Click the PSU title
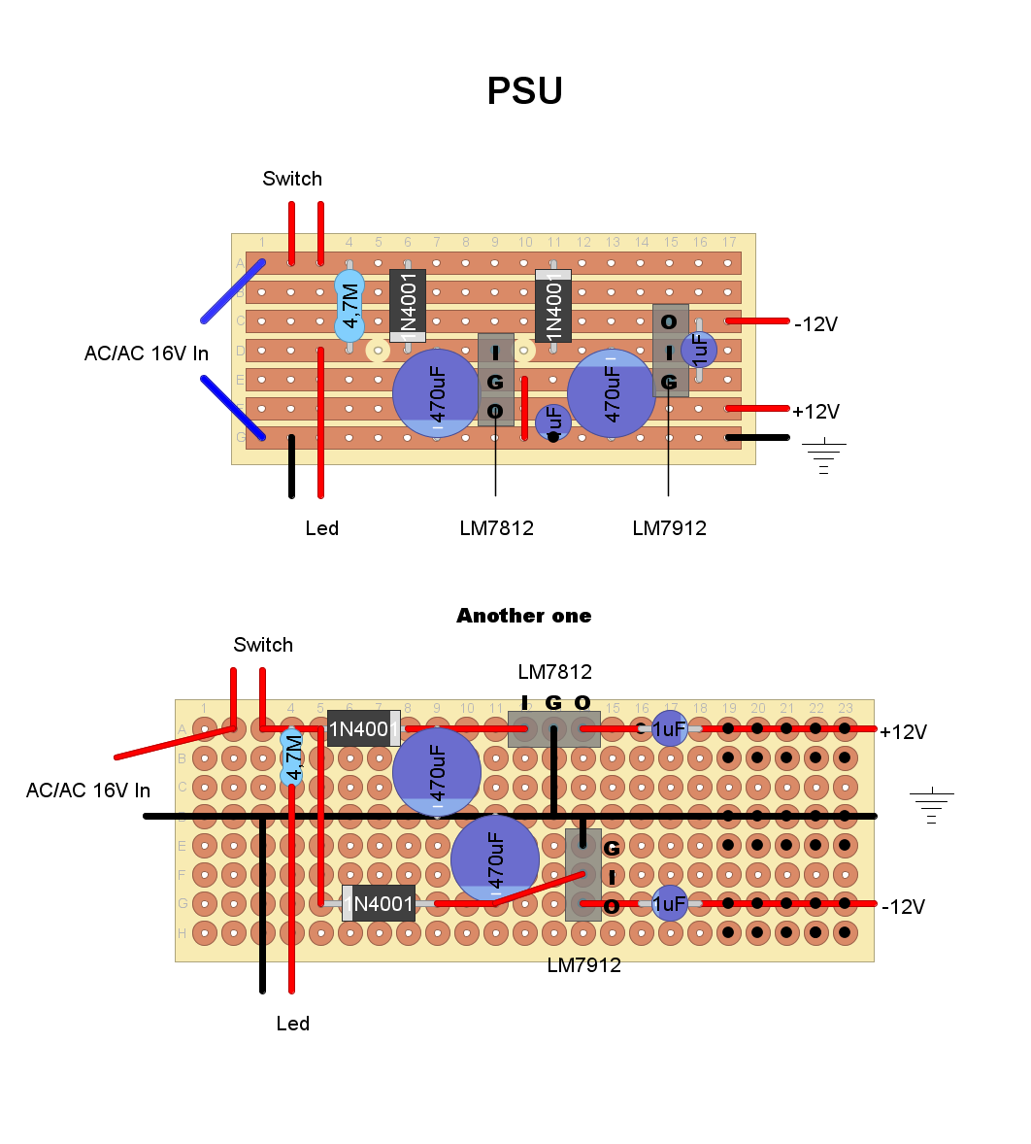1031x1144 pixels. (x=524, y=91)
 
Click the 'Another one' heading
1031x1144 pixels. (x=523, y=616)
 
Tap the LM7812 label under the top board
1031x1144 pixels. (x=496, y=528)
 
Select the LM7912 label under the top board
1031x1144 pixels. (x=669, y=528)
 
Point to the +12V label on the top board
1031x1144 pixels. (x=815, y=412)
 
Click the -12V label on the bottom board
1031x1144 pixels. (x=903, y=907)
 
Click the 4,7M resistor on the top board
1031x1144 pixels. (x=349, y=305)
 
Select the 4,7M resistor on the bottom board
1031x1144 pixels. (x=291, y=757)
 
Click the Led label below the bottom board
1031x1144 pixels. (x=292, y=1024)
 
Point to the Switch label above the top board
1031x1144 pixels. (x=292, y=179)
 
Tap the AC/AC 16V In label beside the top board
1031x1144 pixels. (x=146, y=353)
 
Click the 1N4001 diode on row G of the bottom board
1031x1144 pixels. (x=379, y=904)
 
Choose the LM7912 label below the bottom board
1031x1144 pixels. (x=583, y=965)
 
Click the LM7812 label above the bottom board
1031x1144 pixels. (x=554, y=672)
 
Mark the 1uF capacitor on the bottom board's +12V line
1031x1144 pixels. (x=669, y=728)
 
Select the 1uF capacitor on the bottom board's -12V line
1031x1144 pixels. (x=669, y=904)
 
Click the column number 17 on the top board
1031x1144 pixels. (x=728, y=242)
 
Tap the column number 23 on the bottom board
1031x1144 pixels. (x=845, y=708)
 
